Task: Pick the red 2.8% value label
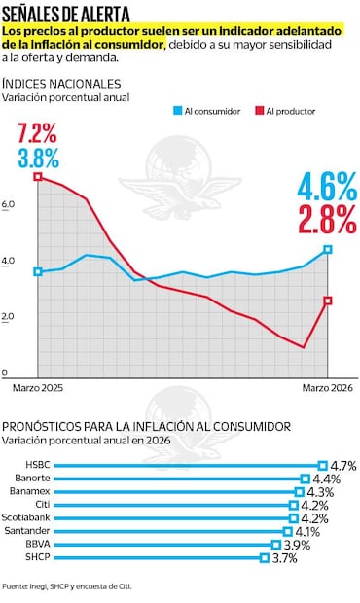(328, 219)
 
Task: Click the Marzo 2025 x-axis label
(36, 388)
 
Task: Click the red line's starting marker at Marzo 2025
(38, 177)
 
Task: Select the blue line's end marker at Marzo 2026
(328, 250)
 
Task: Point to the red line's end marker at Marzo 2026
(328, 301)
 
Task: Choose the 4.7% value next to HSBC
(343, 465)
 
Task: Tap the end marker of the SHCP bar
(264, 558)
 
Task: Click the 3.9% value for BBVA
(296, 545)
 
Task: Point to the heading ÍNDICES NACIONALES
(62, 85)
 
